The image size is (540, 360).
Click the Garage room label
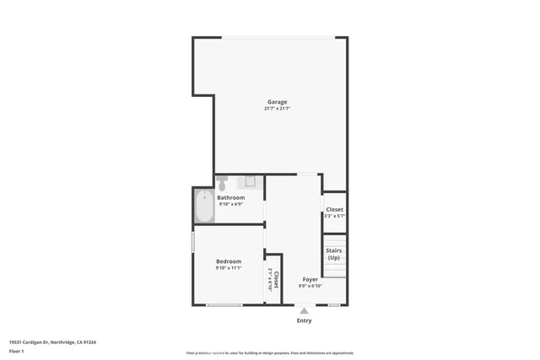(x=277, y=102)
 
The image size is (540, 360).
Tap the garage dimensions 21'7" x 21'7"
(x=277, y=109)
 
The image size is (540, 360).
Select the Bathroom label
(x=231, y=197)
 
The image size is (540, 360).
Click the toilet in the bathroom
(x=222, y=182)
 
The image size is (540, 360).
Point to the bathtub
(x=204, y=207)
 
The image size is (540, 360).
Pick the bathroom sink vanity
(x=250, y=181)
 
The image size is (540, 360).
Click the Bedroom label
(x=229, y=261)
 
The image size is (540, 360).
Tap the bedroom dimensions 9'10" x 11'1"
(x=229, y=268)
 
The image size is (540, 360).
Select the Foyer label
(x=310, y=279)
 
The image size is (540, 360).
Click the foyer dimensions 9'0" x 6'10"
(x=310, y=286)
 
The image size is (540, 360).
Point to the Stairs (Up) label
(x=333, y=254)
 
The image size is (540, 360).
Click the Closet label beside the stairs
(x=334, y=209)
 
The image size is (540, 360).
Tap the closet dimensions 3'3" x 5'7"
(x=334, y=216)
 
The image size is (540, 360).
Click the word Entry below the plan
(x=304, y=320)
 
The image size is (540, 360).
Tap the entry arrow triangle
(x=304, y=310)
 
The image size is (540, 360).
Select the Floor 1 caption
(x=18, y=352)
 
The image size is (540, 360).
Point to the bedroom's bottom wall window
(x=224, y=304)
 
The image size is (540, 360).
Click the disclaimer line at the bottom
(x=270, y=353)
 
